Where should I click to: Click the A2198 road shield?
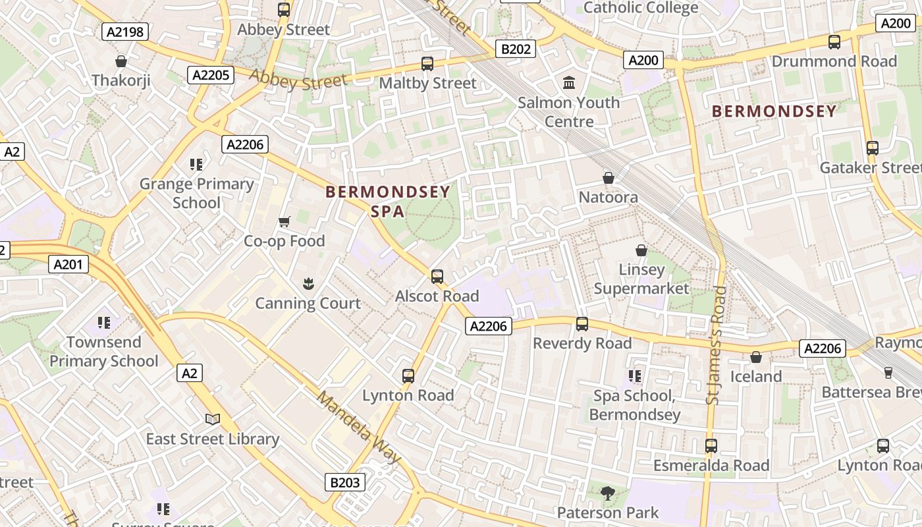point(124,32)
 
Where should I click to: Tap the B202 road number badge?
point(515,48)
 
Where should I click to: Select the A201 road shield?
point(68,265)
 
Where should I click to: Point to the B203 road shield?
point(344,482)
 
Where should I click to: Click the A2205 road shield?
point(211,75)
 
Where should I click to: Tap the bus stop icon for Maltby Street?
point(427,64)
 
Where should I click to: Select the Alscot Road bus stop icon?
point(437,277)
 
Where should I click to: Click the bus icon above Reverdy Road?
point(582,324)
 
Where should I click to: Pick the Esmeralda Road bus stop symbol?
point(711,446)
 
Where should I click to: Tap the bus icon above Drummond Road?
point(834,42)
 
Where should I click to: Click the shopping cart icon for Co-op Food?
point(285,221)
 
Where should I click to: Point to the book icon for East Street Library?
point(213,419)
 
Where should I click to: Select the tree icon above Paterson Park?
point(608,492)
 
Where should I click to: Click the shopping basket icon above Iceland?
point(756,357)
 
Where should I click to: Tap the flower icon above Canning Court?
point(308,284)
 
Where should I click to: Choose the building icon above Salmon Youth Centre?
point(569,83)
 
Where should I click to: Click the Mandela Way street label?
point(358,427)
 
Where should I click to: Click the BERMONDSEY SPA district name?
point(388,202)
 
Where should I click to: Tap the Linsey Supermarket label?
point(641,279)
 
